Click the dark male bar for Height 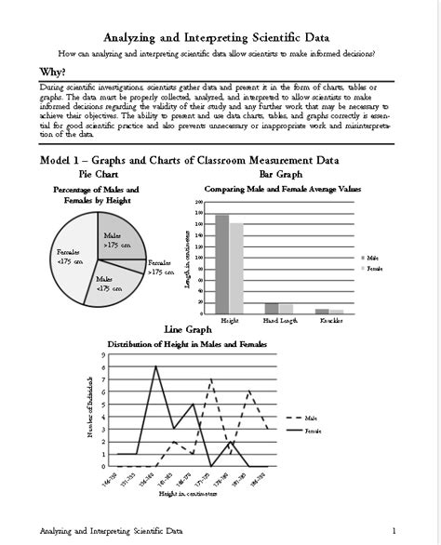point(221,264)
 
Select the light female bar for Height point(235,269)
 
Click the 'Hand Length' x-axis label point(278,320)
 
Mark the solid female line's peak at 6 point(155,366)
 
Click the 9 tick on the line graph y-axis point(102,354)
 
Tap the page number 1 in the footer point(394,531)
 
